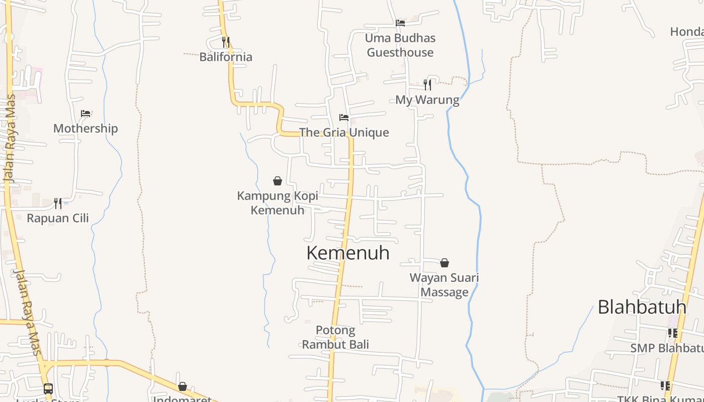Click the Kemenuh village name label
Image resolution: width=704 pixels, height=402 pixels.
(348, 253)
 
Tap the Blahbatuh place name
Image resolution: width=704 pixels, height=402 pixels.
(642, 307)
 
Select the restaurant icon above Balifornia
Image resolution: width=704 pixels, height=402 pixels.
(226, 42)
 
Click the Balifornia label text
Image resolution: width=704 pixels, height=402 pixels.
(226, 57)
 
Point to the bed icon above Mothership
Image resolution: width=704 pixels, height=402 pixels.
(85, 114)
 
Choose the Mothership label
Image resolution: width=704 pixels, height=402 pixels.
(85, 129)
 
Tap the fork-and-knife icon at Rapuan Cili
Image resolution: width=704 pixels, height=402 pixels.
(58, 203)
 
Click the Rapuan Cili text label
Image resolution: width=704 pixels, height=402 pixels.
(58, 218)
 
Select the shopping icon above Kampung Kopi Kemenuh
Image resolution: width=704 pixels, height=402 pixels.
(278, 181)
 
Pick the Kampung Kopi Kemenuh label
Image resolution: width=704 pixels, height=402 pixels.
(278, 203)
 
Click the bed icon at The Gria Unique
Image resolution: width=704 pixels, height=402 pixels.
(344, 118)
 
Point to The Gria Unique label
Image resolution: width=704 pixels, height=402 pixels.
(344, 133)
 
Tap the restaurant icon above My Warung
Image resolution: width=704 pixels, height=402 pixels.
(427, 84)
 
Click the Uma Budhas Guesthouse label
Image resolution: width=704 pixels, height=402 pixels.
(400, 45)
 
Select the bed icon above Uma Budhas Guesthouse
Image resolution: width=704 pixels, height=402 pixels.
(400, 23)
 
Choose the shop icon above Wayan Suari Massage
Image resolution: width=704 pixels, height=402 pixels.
(445, 263)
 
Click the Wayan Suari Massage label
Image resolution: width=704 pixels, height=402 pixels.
(445, 285)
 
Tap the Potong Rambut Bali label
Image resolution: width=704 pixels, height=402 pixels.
(335, 337)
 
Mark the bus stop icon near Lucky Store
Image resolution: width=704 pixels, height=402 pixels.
(48, 388)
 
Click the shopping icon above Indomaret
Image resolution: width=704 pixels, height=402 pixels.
(183, 386)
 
